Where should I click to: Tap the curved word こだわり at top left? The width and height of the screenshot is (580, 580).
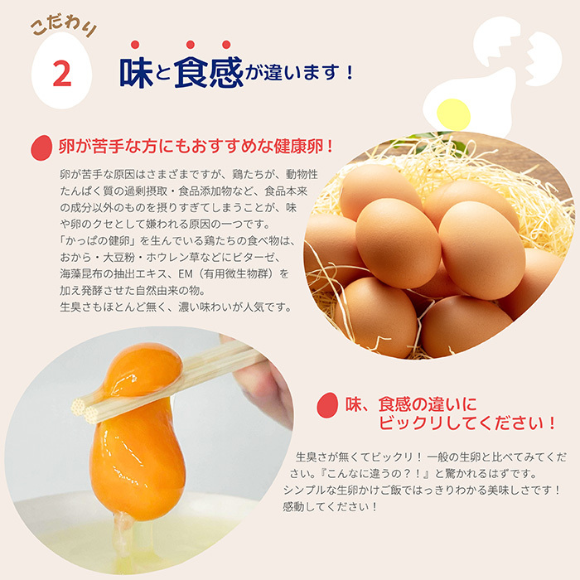pos(62,27)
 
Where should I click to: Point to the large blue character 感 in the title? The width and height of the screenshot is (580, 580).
pos(225,70)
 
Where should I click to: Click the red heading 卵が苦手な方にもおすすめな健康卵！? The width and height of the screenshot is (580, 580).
pos(196,147)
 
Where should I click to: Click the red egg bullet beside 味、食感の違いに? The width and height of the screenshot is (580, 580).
pos(328,405)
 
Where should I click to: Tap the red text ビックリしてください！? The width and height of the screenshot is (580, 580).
pos(466,423)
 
